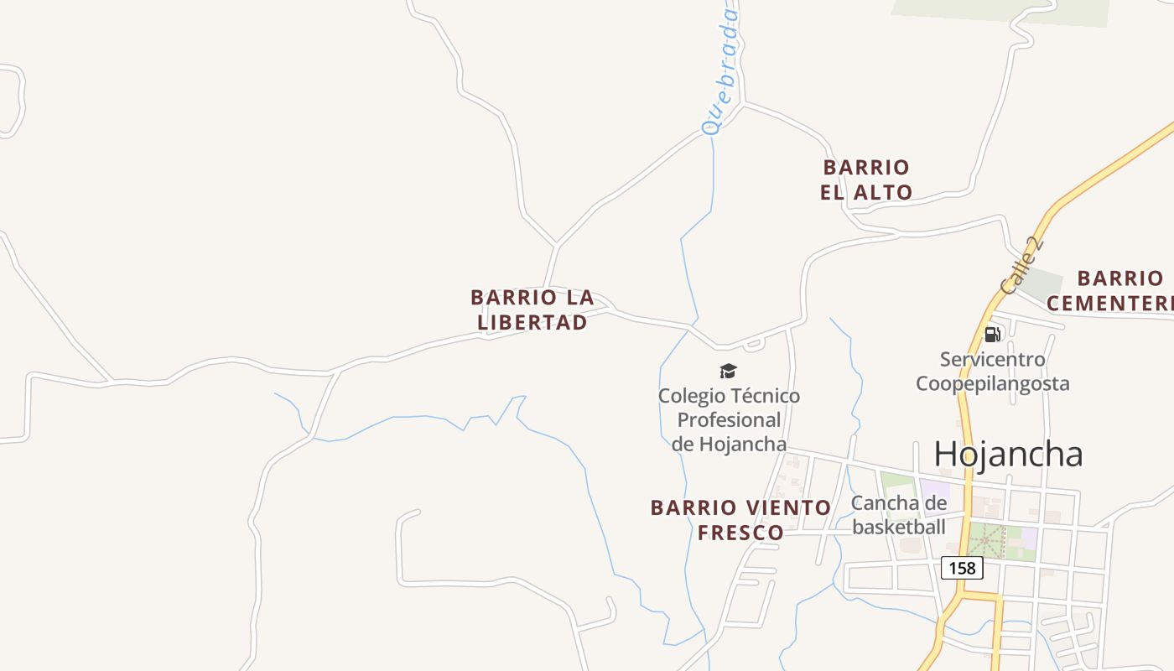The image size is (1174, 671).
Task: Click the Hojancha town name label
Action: (x=1008, y=454)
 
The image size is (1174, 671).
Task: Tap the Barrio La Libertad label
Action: (x=532, y=309)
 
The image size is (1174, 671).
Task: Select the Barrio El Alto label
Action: (x=866, y=179)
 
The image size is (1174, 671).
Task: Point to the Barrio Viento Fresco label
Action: (x=740, y=519)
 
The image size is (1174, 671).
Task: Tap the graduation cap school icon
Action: (x=728, y=371)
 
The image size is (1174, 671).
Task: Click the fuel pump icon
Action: (x=992, y=335)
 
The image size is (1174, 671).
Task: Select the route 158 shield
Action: (x=962, y=568)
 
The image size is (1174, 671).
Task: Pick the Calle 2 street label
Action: (x=1022, y=267)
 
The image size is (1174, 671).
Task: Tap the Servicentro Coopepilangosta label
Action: (x=992, y=372)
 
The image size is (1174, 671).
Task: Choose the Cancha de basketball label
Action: (x=899, y=515)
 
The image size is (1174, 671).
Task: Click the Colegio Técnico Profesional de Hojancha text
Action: (x=729, y=419)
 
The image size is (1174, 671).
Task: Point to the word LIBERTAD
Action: (x=532, y=322)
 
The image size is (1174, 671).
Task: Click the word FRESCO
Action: (x=740, y=532)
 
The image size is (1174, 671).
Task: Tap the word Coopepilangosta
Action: (x=992, y=383)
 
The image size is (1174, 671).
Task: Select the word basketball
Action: (x=899, y=527)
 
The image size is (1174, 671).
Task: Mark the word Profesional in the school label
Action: (x=729, y=419)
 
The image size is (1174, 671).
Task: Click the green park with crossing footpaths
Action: (x=987, y=541)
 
